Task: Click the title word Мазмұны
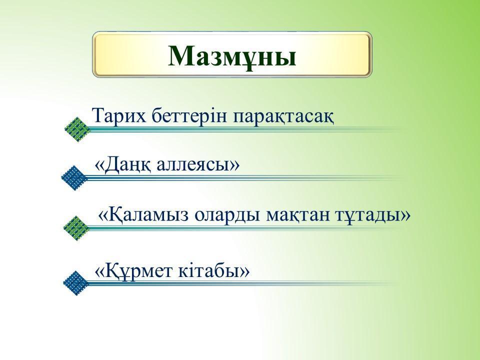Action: tap(232, 56)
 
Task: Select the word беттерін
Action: tap(190, 116)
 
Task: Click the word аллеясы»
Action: tap(198, 165)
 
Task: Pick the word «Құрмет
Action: tap(133, 271)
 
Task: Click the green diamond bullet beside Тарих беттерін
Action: tap(78, 129)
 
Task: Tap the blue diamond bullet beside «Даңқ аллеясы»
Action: tap(74, 178)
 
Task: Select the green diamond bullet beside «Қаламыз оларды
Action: tap(76, 228)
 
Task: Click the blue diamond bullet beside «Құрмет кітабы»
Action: tap(75, 283)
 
